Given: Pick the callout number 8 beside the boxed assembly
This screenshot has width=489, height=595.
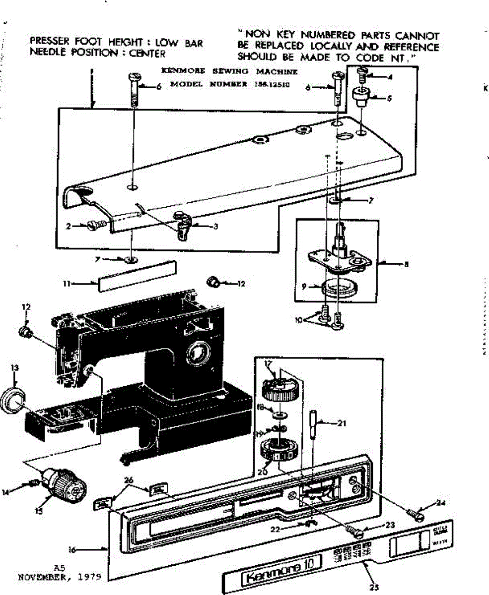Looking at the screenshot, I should pyautogui.click(x=406, y=265).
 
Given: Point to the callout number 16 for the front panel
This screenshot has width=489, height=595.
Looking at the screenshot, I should pyautogui.click(x=71, y=549).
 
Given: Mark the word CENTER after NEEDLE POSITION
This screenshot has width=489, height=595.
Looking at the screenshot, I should pyautogui.click(x=147, y=53).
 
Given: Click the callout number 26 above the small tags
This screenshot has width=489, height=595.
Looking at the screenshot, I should pyautogui.click(x=129, y=480).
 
